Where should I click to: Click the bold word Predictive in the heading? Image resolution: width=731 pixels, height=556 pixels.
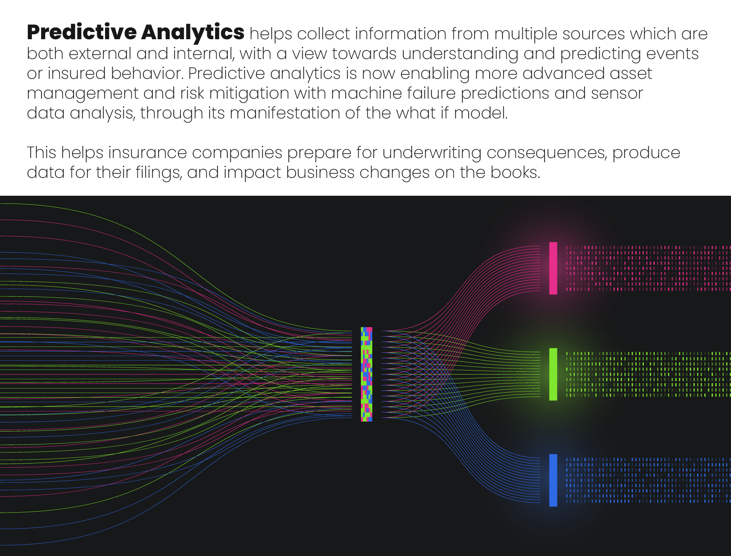tap(82, 32)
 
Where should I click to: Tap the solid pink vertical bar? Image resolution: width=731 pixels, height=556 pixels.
tap(553, 268)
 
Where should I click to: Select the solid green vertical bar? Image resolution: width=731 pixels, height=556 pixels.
tap(553, 374)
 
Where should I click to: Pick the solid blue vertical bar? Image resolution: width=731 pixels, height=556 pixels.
tap(553, 480)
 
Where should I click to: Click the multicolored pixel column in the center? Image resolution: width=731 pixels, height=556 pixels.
tap(367, 374)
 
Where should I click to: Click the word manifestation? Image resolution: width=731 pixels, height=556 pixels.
tap(285, 113)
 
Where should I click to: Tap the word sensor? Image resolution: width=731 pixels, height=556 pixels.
tap(617, 94)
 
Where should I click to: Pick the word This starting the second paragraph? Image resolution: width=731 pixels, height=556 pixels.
tap(41, 152)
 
